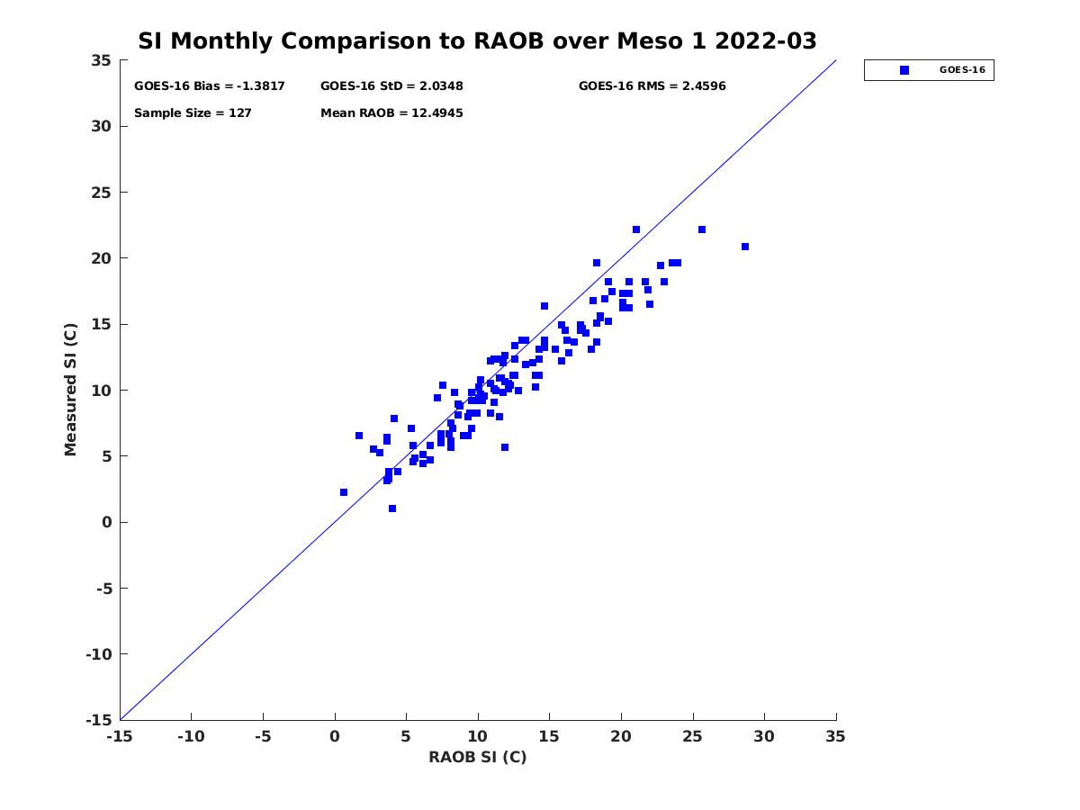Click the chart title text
477,41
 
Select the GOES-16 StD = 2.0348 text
391,86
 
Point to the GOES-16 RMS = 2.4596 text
652,86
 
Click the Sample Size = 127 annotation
193,113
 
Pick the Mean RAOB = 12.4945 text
391,113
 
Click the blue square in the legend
904,70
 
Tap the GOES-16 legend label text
962,70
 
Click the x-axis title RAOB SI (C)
477,758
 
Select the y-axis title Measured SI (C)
71,391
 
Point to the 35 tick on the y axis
102,60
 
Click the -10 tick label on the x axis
191,736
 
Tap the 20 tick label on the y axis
102,258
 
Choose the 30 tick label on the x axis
764,736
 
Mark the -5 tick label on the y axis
104,589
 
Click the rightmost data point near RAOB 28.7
745,247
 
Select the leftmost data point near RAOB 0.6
344,492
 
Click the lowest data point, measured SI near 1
392,508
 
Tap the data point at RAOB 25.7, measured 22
702,229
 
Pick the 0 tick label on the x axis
335,736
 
